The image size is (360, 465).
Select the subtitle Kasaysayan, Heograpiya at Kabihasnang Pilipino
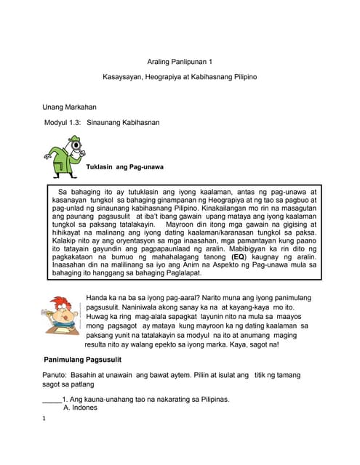pos(180,77)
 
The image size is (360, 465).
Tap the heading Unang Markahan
pos(70,107)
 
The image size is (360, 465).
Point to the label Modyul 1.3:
pos(61,123)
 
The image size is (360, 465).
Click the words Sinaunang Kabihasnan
pos(123,123)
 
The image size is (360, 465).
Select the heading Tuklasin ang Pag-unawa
pos(125,167)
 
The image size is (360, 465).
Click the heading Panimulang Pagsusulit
pos(82,360)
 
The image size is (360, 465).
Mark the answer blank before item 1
pos(51,399)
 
